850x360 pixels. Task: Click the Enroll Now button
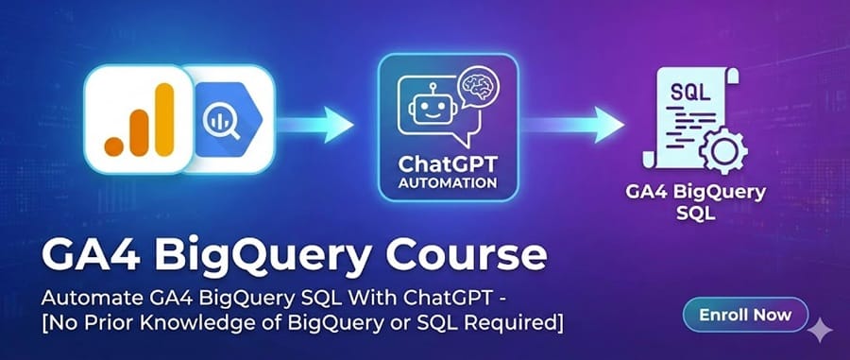(x=745, y=315)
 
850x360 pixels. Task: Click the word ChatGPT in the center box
(x=447, y=162)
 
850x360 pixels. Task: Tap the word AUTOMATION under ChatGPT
(x=447, y=180)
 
